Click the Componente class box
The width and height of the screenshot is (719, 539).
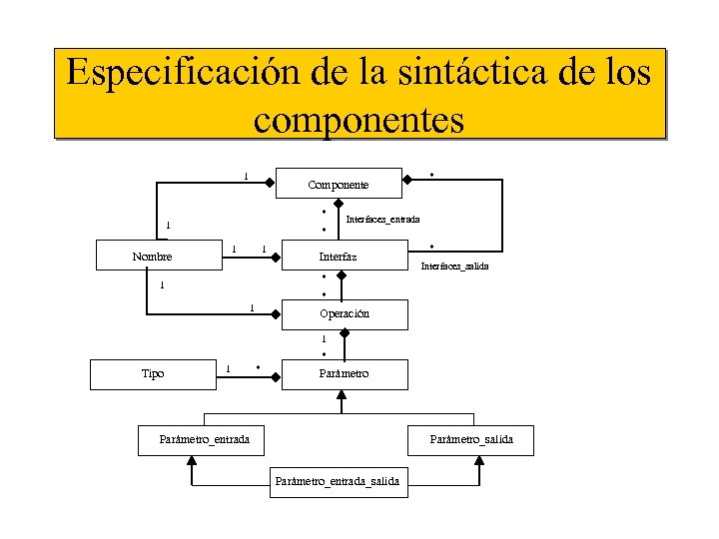pyautogui.click(x=339, y=184)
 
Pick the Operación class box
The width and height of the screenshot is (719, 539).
pyautogui.click(x=345, y=313)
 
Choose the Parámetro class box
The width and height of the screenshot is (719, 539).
pyautogui.click(x=345, y=373)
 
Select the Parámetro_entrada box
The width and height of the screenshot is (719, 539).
pyautogui.click(x=204, y=439)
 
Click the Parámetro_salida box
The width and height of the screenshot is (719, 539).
pyautogui.click(x=470, y=439)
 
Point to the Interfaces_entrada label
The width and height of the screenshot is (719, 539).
pyautogui.click(x=382, y=219)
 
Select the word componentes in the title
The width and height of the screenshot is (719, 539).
pyautogui.click(x=359, y=119)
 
